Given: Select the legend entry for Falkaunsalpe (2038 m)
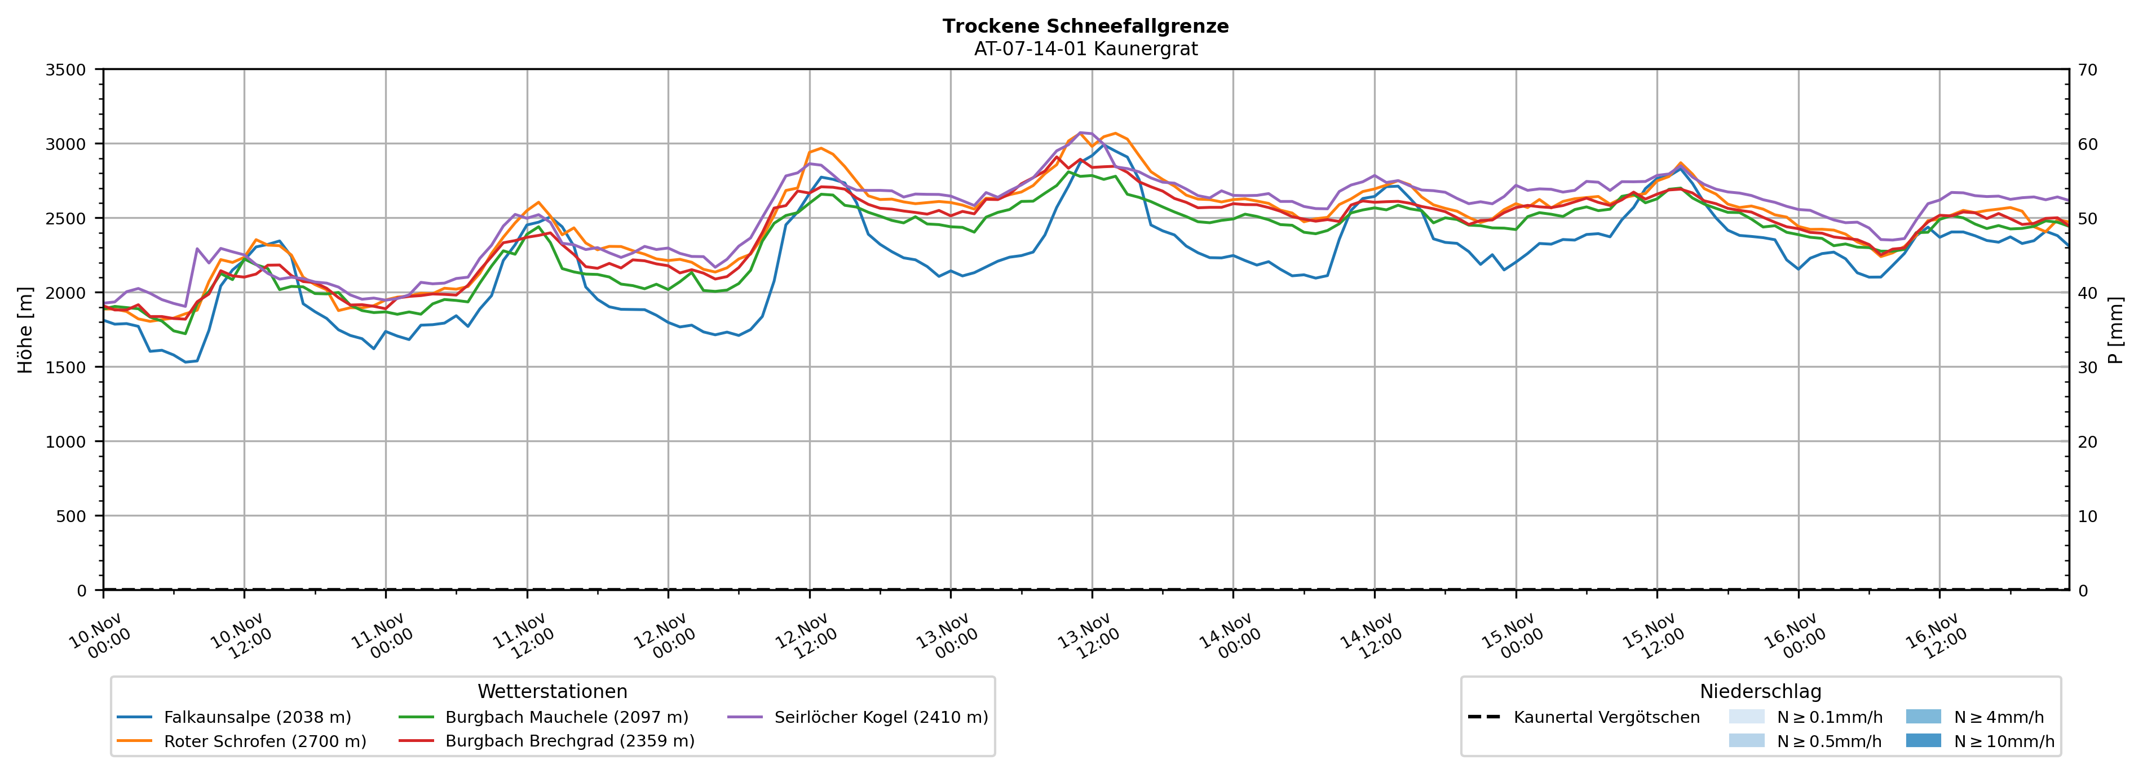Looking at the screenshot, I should coord(257,717).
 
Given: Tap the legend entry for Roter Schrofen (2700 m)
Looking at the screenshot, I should coord(264,741).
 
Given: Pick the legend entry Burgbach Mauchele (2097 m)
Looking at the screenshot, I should coord(567,717).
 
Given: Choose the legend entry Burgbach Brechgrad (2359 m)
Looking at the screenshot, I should coord(570,741).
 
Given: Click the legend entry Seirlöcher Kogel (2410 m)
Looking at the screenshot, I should coord(881,717).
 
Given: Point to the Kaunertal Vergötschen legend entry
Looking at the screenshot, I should coord(1606,717).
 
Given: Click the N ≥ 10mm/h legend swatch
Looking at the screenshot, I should coord(1923,740).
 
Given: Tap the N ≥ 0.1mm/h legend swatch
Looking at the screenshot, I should coord(1746,717).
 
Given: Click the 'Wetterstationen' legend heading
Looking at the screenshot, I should coord(553,691).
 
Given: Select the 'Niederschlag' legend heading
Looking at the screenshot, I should coord(1760,691).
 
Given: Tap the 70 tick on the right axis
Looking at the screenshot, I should coord(2087,70).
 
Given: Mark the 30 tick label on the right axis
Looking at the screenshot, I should coord(2087,368).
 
